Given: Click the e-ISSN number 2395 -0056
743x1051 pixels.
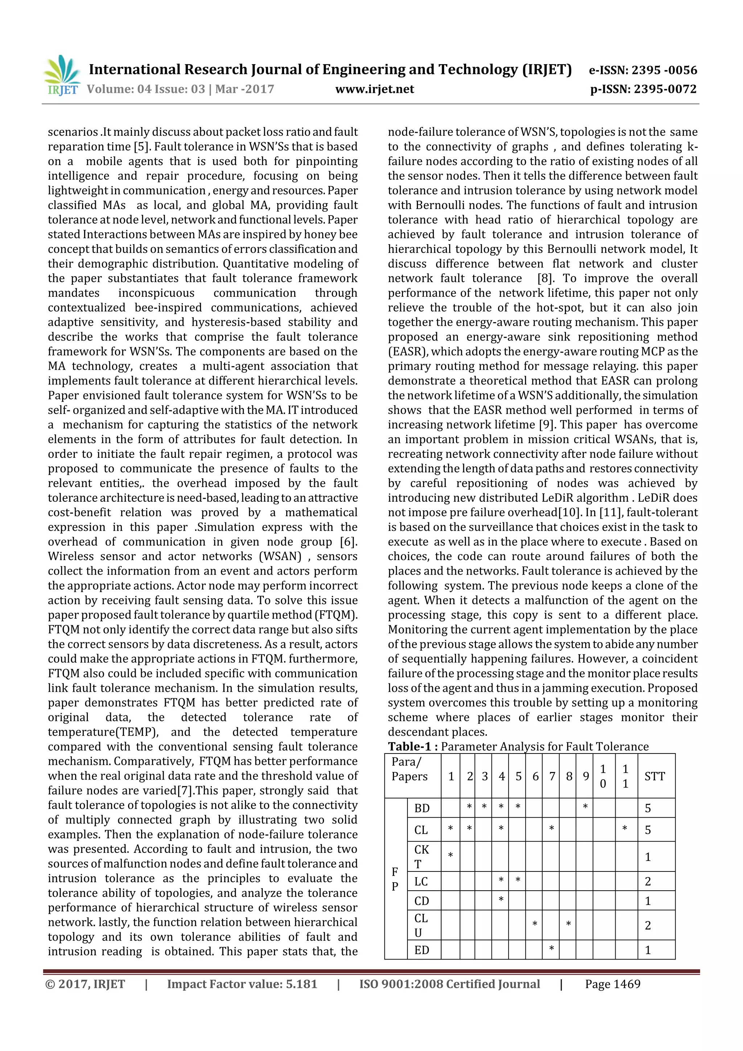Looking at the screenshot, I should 664,70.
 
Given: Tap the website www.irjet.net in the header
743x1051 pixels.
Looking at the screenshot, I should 374,89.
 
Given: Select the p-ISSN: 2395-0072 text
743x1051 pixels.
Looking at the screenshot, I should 643,89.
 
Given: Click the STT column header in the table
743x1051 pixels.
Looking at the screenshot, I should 654,776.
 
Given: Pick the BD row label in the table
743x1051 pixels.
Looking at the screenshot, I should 422,808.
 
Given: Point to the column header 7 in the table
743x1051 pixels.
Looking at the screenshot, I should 552,776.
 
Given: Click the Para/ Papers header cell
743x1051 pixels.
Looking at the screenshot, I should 409,769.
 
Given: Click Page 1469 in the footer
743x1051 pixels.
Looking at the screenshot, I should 612,984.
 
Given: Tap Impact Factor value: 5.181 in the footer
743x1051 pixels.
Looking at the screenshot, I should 242,984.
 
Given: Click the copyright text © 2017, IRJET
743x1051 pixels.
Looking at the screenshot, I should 85,984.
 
